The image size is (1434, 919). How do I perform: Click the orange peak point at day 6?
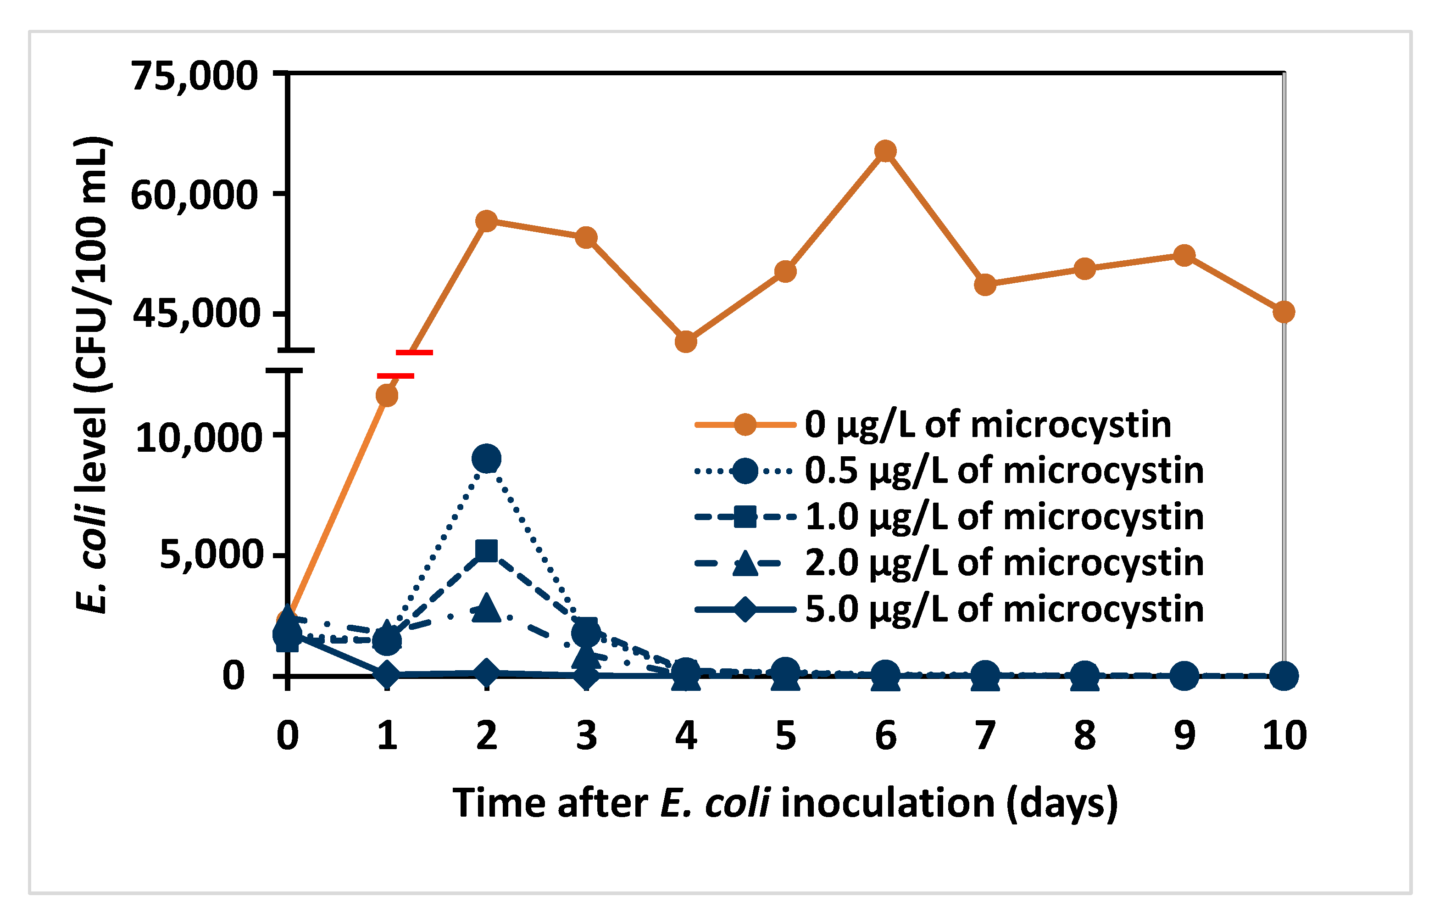885,151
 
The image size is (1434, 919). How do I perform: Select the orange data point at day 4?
686,342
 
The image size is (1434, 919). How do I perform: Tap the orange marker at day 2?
487,221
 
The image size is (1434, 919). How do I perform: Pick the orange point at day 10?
1283,312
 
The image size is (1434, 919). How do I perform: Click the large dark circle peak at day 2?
487,458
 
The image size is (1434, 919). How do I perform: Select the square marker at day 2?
487,551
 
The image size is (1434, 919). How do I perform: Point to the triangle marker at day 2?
487,607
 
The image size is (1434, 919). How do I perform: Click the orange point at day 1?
387,396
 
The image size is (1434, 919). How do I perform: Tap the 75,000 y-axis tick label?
195,76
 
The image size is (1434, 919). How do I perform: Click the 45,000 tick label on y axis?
195,313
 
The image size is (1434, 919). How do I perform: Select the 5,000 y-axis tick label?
211,555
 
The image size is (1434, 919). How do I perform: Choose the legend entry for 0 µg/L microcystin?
987,425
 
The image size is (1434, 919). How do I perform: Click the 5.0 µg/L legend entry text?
1004,609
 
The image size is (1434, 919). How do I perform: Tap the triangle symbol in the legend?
745,563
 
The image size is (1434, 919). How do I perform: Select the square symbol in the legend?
745,517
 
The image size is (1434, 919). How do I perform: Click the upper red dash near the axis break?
414,353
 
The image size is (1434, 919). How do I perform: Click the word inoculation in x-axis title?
888,802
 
